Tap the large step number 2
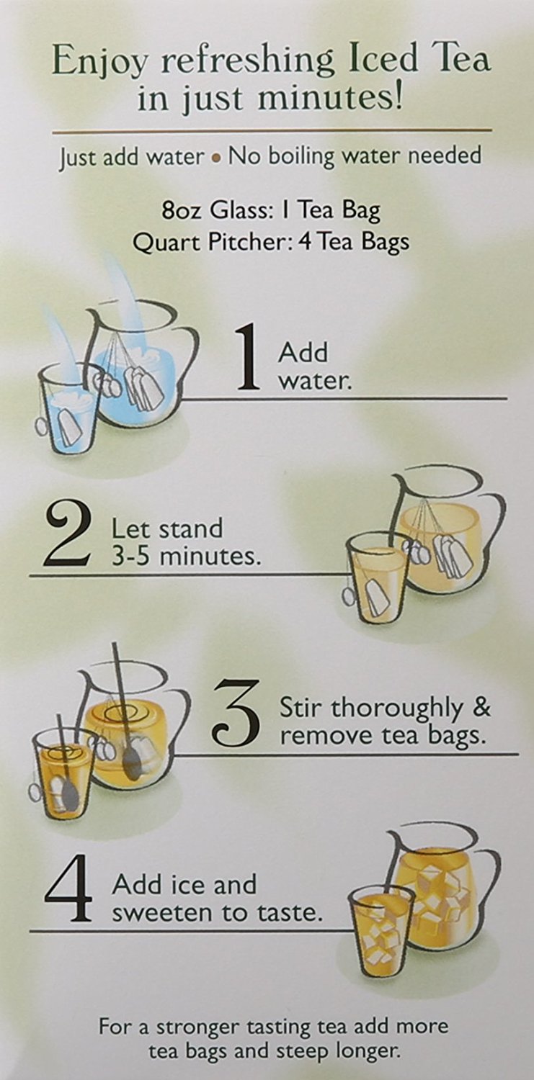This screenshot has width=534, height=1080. (x=67, y=536)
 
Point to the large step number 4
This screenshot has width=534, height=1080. (x=69, y=893)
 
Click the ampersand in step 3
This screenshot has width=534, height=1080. (x=483, y=708)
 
